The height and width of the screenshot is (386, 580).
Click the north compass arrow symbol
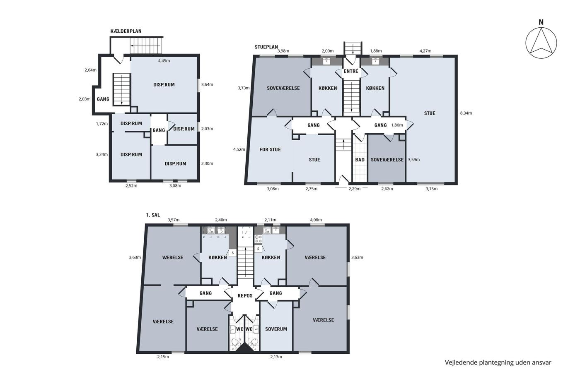[541, 43]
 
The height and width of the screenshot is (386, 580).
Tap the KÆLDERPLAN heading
[126, 31]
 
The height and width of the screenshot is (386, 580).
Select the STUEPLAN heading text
[266, 47]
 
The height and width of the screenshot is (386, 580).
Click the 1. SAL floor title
[153, 215]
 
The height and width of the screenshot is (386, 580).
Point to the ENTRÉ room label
[351, 71]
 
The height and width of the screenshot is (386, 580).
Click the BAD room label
[360, 160]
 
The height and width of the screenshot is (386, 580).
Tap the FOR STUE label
[270, 149]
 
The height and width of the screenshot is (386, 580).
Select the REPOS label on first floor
[245, 295]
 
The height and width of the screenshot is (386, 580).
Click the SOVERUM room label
[276, 329]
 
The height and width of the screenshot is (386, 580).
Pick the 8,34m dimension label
[466, 113]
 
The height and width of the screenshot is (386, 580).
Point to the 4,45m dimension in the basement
[164, 61]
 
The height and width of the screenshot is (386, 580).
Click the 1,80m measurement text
[397, 125]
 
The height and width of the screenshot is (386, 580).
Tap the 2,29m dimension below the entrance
[355, 189]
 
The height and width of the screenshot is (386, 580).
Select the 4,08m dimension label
[316, 220]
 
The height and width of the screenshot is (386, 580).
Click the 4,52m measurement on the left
[239, 149]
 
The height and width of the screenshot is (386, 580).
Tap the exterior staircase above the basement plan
[146, 46]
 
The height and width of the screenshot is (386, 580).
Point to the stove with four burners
[258, 239]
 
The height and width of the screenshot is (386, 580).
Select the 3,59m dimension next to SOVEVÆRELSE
[414, 160]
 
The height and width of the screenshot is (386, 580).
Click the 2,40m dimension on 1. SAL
[221, 220]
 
